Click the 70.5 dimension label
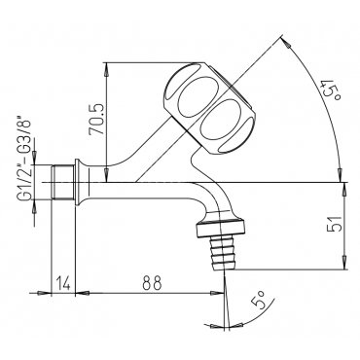96,120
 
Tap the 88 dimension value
152,283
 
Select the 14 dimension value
63,283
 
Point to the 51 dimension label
334,224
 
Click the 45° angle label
332,91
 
